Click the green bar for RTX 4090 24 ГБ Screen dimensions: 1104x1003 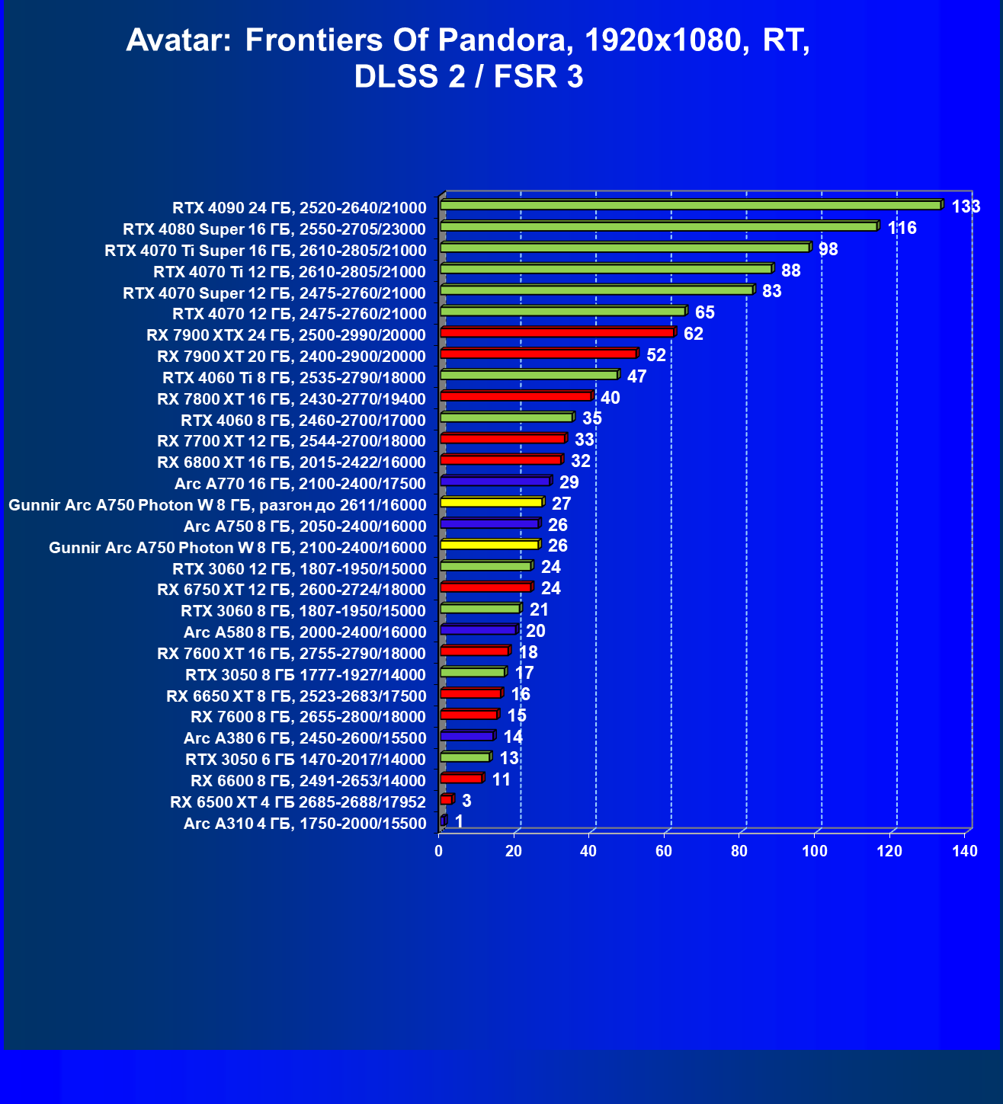690,205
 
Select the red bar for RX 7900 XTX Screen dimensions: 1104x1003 556,333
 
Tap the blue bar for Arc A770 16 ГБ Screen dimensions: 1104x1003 495,482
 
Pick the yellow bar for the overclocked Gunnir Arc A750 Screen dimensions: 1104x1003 491,503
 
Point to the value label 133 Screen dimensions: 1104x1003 966,206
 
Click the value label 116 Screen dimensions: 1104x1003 902,228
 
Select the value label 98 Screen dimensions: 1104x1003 828,249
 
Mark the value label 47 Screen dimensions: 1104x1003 636,376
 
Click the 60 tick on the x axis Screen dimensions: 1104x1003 664,851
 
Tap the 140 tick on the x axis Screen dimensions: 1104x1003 965,851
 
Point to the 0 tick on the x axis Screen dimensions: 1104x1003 439,851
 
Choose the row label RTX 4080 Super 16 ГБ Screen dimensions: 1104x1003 274,229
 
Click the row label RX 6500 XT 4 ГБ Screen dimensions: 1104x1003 298,802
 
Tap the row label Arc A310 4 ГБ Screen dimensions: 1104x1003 305,824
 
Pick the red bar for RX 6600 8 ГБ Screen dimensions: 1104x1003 461,778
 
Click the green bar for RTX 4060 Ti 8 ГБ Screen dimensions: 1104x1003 528,375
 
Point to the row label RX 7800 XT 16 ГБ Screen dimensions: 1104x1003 291,399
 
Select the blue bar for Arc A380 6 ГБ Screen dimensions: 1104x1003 466,736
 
